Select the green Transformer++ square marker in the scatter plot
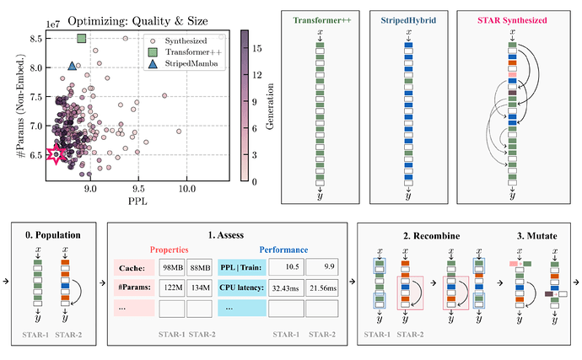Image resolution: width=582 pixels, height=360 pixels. click(x=82, y=38)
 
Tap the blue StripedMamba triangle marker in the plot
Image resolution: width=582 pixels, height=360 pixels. click(x=73, y=65)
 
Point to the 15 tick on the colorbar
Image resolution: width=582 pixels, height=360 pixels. click(x=259, y=49)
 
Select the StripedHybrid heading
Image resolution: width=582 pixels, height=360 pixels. click(x=407, y=19)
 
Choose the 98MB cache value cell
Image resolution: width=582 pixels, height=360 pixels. click(x=173, y=269)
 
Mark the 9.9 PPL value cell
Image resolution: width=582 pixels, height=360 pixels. click(x=321, y=269)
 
